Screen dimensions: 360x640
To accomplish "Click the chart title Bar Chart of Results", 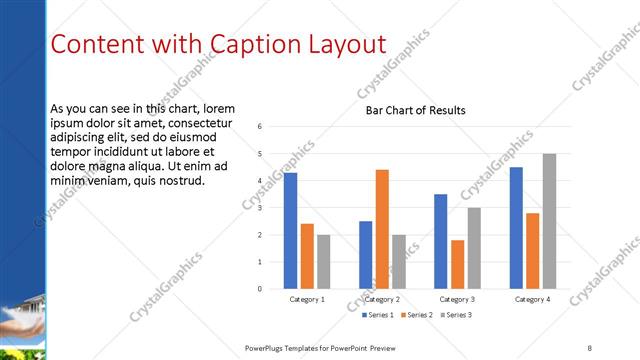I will coord(415,110).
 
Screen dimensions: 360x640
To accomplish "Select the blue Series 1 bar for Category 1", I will coord(290,231).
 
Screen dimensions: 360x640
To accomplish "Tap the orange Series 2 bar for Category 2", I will coord(382,229).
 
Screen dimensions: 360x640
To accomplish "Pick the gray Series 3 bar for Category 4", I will coord(549,221).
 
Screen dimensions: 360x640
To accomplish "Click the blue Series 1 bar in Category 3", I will coord(441,241).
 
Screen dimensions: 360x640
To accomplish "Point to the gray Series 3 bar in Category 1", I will coord(323,261).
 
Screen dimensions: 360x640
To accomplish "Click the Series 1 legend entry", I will coord(376,315).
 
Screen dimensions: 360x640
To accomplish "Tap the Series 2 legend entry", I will coord(418,315).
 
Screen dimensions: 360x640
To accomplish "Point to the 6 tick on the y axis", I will coord(259,127).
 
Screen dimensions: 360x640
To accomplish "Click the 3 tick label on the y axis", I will coord(259,208).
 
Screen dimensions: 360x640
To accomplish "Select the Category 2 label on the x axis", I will coord(382,299).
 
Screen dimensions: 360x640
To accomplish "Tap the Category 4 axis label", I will coord(532,299).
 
